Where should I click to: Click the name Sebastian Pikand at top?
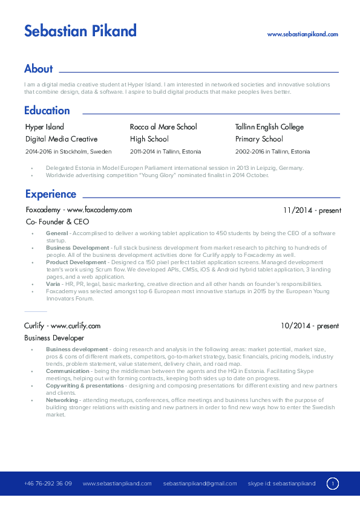pyautogui.click(x=80, y=31)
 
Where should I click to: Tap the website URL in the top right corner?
pyautogui.click(x=303, y=35)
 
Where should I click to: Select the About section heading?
pyautogui.click(x=39, y=69)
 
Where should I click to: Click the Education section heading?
pyautogui.click(x=47, y=111)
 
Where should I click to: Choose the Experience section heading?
pyautogui.click(x=51, y=194)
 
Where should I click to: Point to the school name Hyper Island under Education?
pyautogui.click(x=44, y=127)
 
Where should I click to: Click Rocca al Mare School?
pyautogui.click(x=163, y=127)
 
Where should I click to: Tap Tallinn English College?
pyautogui.click(x=269, y=127)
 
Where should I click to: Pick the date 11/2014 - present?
pyautogui.click(x=312, y=211)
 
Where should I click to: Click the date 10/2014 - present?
pyautogui.click(x=310, y=326)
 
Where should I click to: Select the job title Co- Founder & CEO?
pyautogui.click(x=57, y=222)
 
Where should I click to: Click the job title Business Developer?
pyautogui.click(x=54, y=338)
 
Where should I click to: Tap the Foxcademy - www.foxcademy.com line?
pyautogui.click(x=79, y=210)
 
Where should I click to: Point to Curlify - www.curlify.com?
pyautogui.click(x=62, y=326)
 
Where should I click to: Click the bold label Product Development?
pyautogui.click(x=76, y=263)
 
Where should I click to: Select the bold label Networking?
pyautogui.click(x=62, y=400)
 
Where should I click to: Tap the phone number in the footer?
pyautogui.click(x=48, y=484)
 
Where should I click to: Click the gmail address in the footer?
pyautogui.click(x=200, y=484)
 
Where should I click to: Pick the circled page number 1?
pyautogui.click(x=332, y=484)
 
